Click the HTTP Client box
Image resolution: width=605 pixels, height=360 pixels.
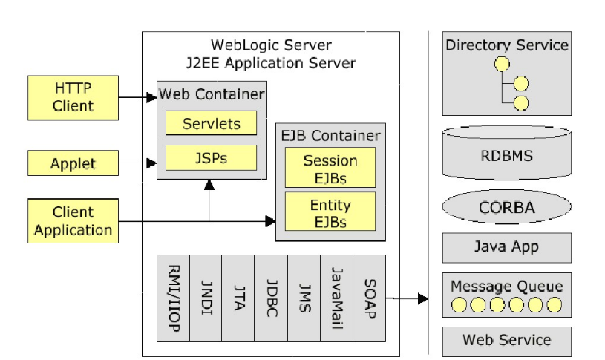pyautogui.click(x=73, y=97)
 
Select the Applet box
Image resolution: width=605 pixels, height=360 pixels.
pyautogui.click(x=73, y=163)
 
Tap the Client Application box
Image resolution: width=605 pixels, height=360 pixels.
pyautogui.click(x=73, y=220)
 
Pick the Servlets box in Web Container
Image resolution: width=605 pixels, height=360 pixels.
pyautogui.click(x=211, y=124)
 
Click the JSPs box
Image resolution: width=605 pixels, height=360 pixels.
pyautogui.click(x=211, y=157)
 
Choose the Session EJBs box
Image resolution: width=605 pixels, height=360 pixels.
pyautogui.click(x=330, y=168)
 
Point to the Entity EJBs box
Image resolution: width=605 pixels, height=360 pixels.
pyautogui.click(x=330, y=212)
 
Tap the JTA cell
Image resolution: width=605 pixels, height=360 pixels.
pyautogui.click(x=238, y=298)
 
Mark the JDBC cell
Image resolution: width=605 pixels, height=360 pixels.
pyautogui.click(x=271, y=298)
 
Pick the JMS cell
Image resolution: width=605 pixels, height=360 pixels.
pyautogui.click(x=304, y=298)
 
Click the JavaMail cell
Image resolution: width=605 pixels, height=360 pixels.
pyautogui.click(x=336, y=298)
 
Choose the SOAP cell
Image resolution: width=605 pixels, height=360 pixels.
pyautogui.click(x=369, y=298)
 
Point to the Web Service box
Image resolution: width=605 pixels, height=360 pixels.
pyautogui.click(x=507, y=341)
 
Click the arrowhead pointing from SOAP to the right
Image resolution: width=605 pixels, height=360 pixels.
pyautogui.click(x=423, y=298)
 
